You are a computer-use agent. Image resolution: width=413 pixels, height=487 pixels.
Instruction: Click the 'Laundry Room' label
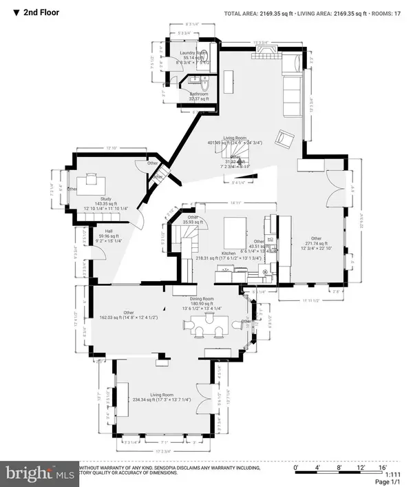(x=193, y=52)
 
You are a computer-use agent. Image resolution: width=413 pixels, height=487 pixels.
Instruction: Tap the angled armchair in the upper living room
(x=284, y=140)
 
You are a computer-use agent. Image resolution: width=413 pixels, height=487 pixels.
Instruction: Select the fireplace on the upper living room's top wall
(x=268, y=53)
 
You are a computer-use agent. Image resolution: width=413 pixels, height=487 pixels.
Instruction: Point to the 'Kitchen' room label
(x=229, y=253)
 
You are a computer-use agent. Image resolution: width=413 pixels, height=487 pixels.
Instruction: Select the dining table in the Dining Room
(x=207, y=324)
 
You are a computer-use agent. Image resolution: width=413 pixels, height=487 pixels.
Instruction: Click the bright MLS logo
(x=33, y=473)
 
